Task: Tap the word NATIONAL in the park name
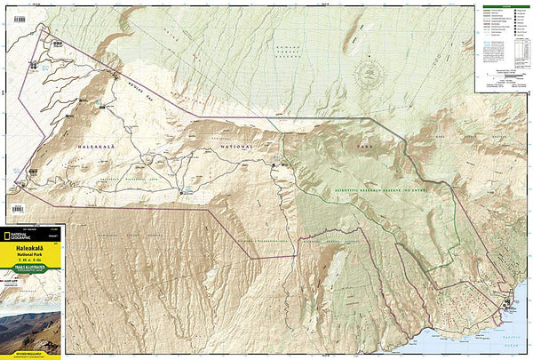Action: pyautogui.click(x=235, y=147)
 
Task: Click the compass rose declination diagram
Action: pyautogui.click(x=369, y=72)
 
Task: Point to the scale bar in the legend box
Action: pyautogui.click(x=503, y=78)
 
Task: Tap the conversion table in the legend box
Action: pyautogui.click(x=503, y=86)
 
